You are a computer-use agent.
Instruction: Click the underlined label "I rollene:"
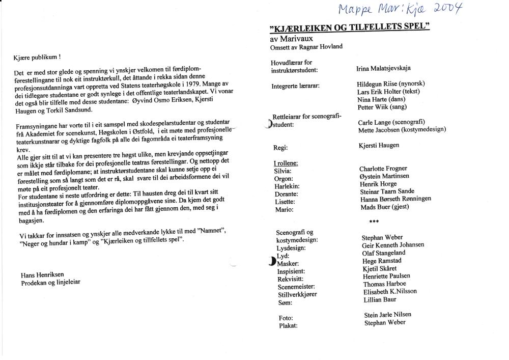[286, 163]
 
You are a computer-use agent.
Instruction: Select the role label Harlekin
[287, 186]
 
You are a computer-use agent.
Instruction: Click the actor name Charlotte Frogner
[383, 169]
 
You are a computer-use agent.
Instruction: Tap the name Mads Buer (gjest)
[384, 207]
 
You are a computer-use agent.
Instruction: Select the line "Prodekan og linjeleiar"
[50, 282]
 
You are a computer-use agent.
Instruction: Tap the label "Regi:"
[280, 148]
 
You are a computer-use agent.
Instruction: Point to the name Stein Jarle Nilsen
[387, 315]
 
